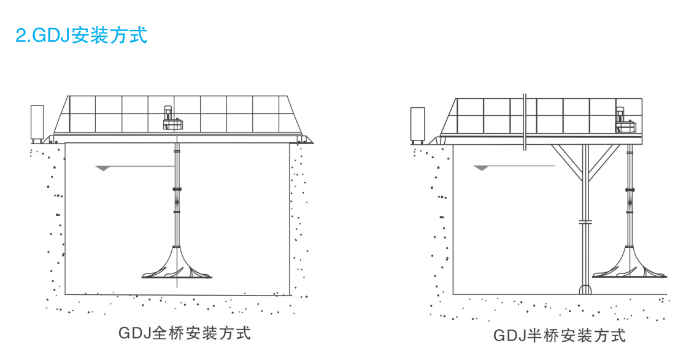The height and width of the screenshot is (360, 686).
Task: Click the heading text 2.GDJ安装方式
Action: click(82, 35)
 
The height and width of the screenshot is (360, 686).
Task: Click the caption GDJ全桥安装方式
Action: click(185, 334)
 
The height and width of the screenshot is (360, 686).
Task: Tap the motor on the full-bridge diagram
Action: click(171, 118)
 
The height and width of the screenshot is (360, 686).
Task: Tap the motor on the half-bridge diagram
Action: click(625, 120)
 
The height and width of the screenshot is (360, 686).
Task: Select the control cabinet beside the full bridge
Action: click(37, 123)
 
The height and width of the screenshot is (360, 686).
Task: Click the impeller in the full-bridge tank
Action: click(177, 266)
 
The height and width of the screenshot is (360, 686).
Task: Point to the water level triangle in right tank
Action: click(481, 167)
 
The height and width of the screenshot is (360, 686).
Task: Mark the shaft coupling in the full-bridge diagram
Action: click(176, 189)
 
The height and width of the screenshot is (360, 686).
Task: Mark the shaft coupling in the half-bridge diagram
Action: click(628, 190)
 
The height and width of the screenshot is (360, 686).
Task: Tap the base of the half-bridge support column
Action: click(585, 289)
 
